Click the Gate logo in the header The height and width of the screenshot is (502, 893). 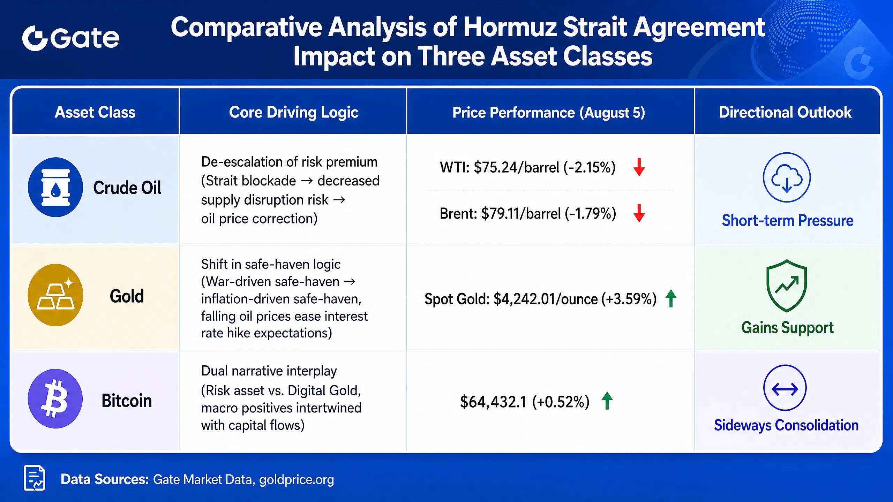pyautogui.click(x=71, y=38)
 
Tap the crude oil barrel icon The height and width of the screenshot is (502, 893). pyautogui.click(x=55, y=187)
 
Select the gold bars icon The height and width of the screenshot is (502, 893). pyautogui.click(x=55, y=295)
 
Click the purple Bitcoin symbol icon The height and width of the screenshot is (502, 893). pyautogui.click(x=55, y=398)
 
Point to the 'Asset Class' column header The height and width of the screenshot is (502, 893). pyautogui.click(x=95, y=112)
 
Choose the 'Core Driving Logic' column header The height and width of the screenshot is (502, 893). pyautogui.click(x=294, y=112)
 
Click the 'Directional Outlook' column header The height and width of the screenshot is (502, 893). pyautogui.click(x=785, y=112)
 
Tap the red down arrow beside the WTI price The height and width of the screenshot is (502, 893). pyautogui.click(x=639, y=167)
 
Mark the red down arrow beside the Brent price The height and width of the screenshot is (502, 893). pyautogui.click(x=639, y=213)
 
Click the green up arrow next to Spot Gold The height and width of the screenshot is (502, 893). pyautogui.click(x=671, y=298)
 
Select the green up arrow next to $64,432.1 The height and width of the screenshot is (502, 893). pyautogui.click(x=607, y=401)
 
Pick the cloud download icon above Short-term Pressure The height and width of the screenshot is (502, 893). pyautogui.click(x=787, y=177)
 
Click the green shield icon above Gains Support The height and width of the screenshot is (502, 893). pyautogui.click(x=787, y=286)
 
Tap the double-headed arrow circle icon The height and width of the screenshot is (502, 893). pyautogui.click(x=785, y=388)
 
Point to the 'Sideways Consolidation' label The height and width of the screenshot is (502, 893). pyautogui.click(x=786, y=425)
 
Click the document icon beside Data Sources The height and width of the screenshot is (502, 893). pyautogui.click(x=35, y=478)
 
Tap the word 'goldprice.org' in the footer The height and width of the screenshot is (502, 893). pyautogui.click(x=297, y=480)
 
